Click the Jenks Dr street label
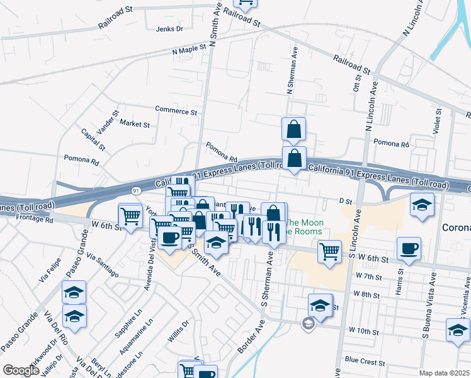(169, 29)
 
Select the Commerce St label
(176, 111)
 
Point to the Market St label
(134, 124)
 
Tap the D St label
(345, 201)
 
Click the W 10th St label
(365, 329)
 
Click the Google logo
(20, 370)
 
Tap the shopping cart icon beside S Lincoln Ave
(329, 251)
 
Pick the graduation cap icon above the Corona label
(422, 204)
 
